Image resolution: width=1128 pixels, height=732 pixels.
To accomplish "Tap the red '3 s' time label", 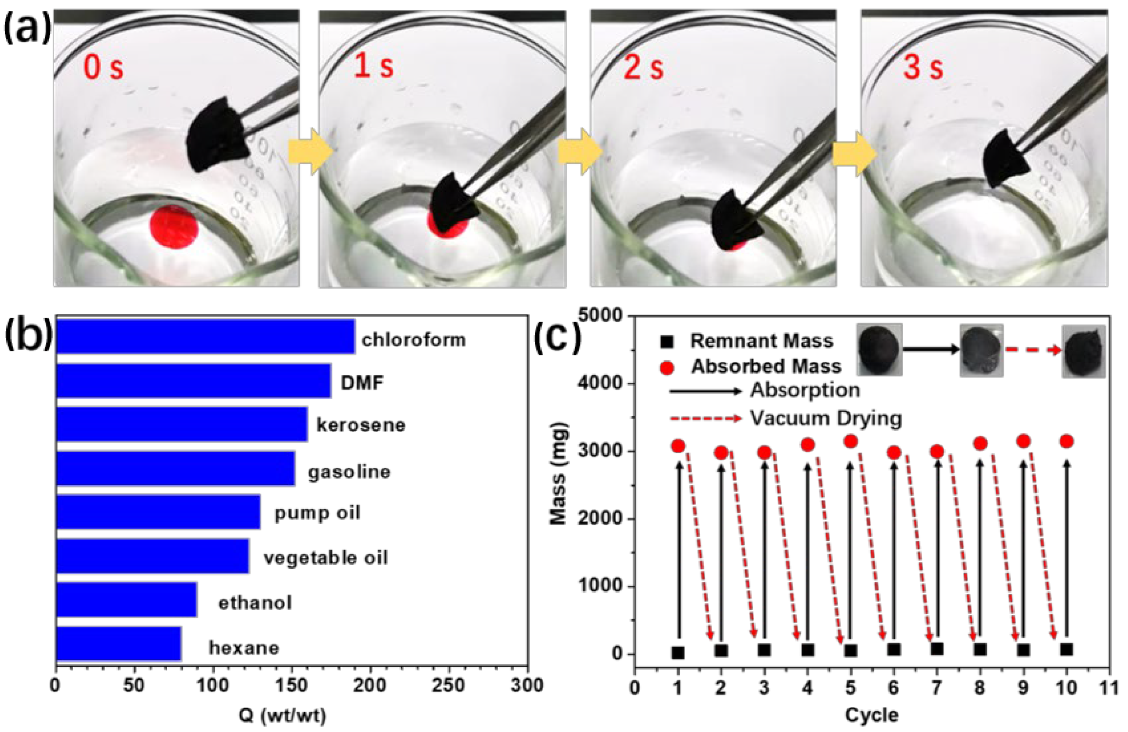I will [923, 67].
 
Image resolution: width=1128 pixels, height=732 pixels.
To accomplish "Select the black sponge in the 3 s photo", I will [1005, 159].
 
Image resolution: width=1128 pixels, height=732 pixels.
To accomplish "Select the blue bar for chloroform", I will [205, 336].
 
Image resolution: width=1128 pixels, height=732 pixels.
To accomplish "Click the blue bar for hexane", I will [118, 644].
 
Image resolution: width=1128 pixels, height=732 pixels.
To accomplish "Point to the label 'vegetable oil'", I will [326, 558].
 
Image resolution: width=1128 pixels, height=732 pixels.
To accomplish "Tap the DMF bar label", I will [362, 382].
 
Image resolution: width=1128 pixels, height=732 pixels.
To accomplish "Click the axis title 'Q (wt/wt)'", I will [283, 716].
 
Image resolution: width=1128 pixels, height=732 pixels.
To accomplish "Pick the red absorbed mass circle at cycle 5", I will [851, 441].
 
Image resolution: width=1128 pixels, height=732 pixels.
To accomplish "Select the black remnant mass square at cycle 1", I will [678, 653].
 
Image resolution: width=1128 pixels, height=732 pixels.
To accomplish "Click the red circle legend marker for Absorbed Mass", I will [667, 368].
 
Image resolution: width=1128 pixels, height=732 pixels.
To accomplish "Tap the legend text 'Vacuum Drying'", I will [826, 418].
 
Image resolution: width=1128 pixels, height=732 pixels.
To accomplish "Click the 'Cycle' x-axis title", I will [871, 715].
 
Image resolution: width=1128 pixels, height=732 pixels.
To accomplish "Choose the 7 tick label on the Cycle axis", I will [936, 687].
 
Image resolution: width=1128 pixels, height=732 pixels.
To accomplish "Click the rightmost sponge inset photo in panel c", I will [1083, 351].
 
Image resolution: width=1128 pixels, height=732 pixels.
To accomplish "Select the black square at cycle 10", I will [1066, 649].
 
